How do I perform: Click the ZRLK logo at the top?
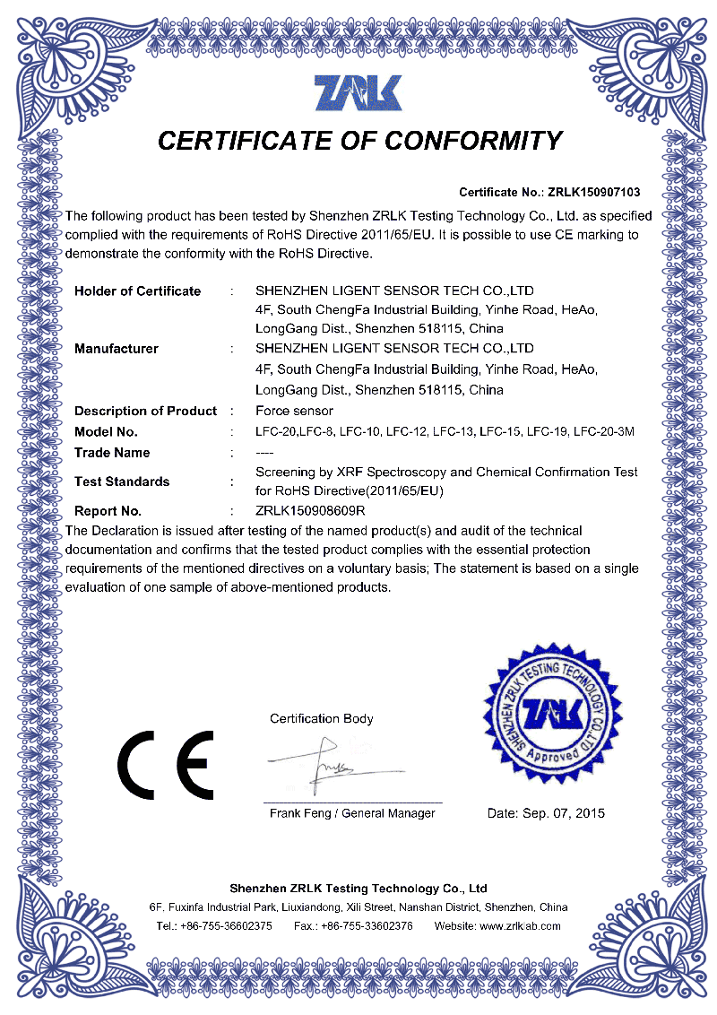(x=358, y=93)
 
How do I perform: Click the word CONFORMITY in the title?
(x=472, y=141)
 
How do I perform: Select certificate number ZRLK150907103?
(x=593, y=193)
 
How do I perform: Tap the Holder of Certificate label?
(x=137, y=291)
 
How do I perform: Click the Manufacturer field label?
(x=116, y=348)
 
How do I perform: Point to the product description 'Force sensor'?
(x=294, y=411)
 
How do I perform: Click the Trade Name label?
(x=112, y=453)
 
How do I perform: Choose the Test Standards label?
(x=122, y=481)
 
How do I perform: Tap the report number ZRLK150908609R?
(x=310, y=511)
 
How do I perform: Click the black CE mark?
(x=166, y=764)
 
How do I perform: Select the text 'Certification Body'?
(x=322, y=718)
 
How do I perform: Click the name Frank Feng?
(x=299, y=813)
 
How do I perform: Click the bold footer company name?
(x=358, y=888)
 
